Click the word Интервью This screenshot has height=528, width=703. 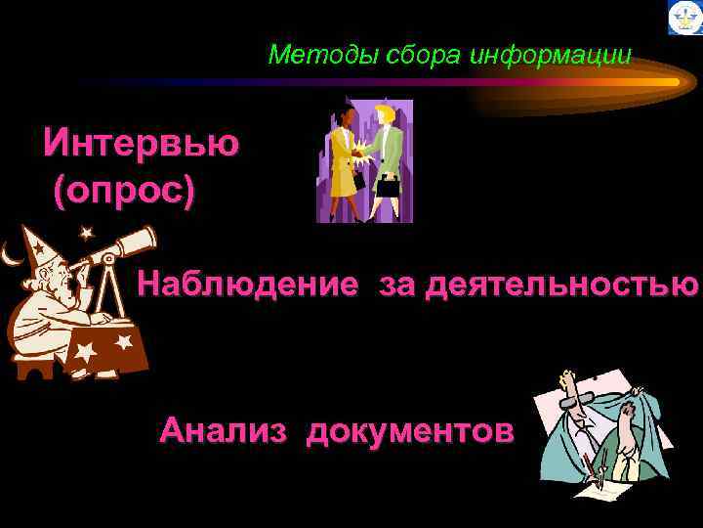click(141, 143)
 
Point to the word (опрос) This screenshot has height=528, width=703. click(124, 189)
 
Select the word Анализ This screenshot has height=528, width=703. click(223, 429)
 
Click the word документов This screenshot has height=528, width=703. click(409, 429)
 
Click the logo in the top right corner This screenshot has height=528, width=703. click(684, 18)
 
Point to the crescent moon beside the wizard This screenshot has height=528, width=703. click(11, 256)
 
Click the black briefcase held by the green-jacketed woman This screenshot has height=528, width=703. click(390, 186)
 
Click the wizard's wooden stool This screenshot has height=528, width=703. click(35, 367)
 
